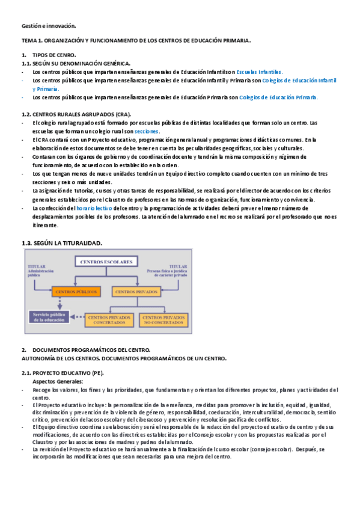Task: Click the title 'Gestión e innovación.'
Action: (x=49, y=26)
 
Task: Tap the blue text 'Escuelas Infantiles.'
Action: (x=260, y=72)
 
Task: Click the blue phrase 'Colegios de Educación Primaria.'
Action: (x=279, y=97)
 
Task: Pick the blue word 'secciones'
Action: (x=147, y=131)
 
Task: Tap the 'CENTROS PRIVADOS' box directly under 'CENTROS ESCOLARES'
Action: (x=133, y=291)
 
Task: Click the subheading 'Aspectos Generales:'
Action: (x=58, y=381)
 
